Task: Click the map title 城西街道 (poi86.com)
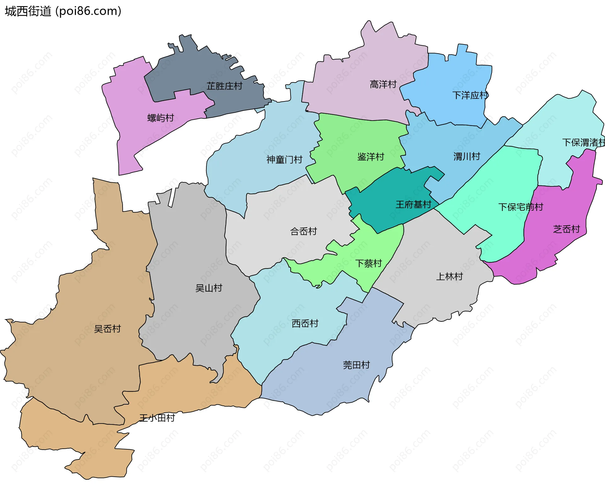(x=63, y=11)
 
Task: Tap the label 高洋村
(x=383, y=84)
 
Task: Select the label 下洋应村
(x=470, y=95)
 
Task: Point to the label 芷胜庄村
(x=224, y=86)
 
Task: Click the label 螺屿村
(x=161, y=118)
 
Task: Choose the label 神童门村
(x=284, y=160)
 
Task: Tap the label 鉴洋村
(x=371, y=157)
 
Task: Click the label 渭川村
(x=467, y=156)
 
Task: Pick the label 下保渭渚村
(x=583, y=142)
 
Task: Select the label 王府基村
(x=413, y=205)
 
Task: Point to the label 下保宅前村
(x=521, y=207)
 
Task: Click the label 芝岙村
(x=566, y=229)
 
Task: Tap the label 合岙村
(x=303, y=231)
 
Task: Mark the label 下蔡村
(x=368, y=263)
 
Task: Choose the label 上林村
(x=449, y=276)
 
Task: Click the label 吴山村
(x=209, y=288)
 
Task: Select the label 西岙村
(x=305, y=323)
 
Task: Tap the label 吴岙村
(x=107, y=329)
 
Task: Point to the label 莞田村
(x=356, y=365)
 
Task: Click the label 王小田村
(x=157, y=418)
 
